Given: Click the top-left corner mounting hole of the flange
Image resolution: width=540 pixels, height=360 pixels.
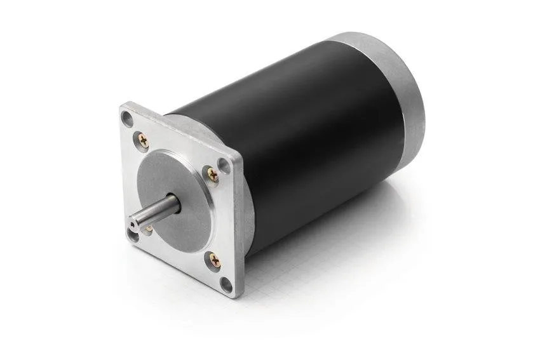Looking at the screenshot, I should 128,118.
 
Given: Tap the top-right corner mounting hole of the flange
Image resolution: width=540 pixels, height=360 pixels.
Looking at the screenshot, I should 224,165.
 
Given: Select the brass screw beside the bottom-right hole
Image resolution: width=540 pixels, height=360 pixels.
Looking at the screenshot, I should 213,258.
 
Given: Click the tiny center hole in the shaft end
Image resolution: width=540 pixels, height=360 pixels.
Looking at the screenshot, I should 132,223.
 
